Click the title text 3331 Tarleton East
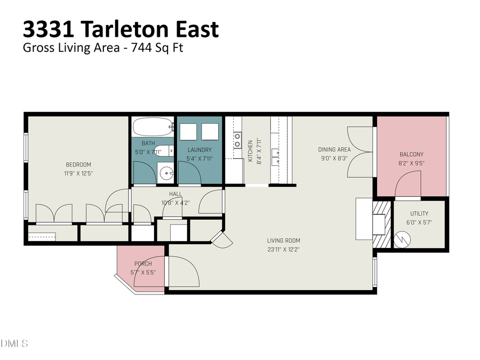pyautogui.click(x=121, y=29)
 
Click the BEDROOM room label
pyautogui.click(x=78, y=164)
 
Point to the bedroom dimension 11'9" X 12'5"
pyautogui.click(x=78, y=173)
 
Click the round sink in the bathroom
pyautogui.click(x=167, y=172)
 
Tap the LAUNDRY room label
pyautogui.click(x=199, y=150)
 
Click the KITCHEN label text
pyautogui.click(x=250, y=151)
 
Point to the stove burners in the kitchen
pyautogui.click(x=237, y=140)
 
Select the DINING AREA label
pyautogui.click(x=334, y=149)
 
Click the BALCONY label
pyautogui.click(x=411, y=155)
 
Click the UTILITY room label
pyautogui.click(x=419, y=214)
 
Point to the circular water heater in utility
pyautogui.click(x=403, y=238)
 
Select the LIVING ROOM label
pyautogui.click(x=283, y=241)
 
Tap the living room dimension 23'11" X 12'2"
pyautogui.click(x=283, y=249)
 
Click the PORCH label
pyautogui.click(x=143, y=264)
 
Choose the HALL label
pyautogui.click(x=175, y=194)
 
